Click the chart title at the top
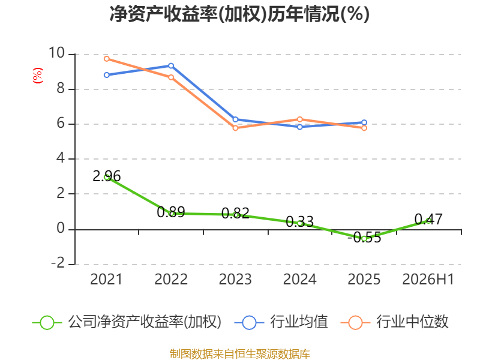point(239,14)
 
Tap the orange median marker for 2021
point(107,59)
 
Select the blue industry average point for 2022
point(171,66)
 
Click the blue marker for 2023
point(235,119)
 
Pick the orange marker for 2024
point(299,119)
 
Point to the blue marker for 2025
point(364,122)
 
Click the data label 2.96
point(107,176)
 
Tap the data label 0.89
point(171,212)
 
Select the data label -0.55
point(364,237)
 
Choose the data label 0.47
point(428,219)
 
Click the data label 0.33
point(299,221)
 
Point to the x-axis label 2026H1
point(428,279)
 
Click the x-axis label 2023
point(235,279)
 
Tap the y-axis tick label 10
point(56,53)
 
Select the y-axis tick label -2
point(58,263)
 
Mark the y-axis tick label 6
point(61,124)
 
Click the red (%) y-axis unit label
point(38,76)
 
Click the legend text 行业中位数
point(412,322)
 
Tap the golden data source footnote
point(240,354)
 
